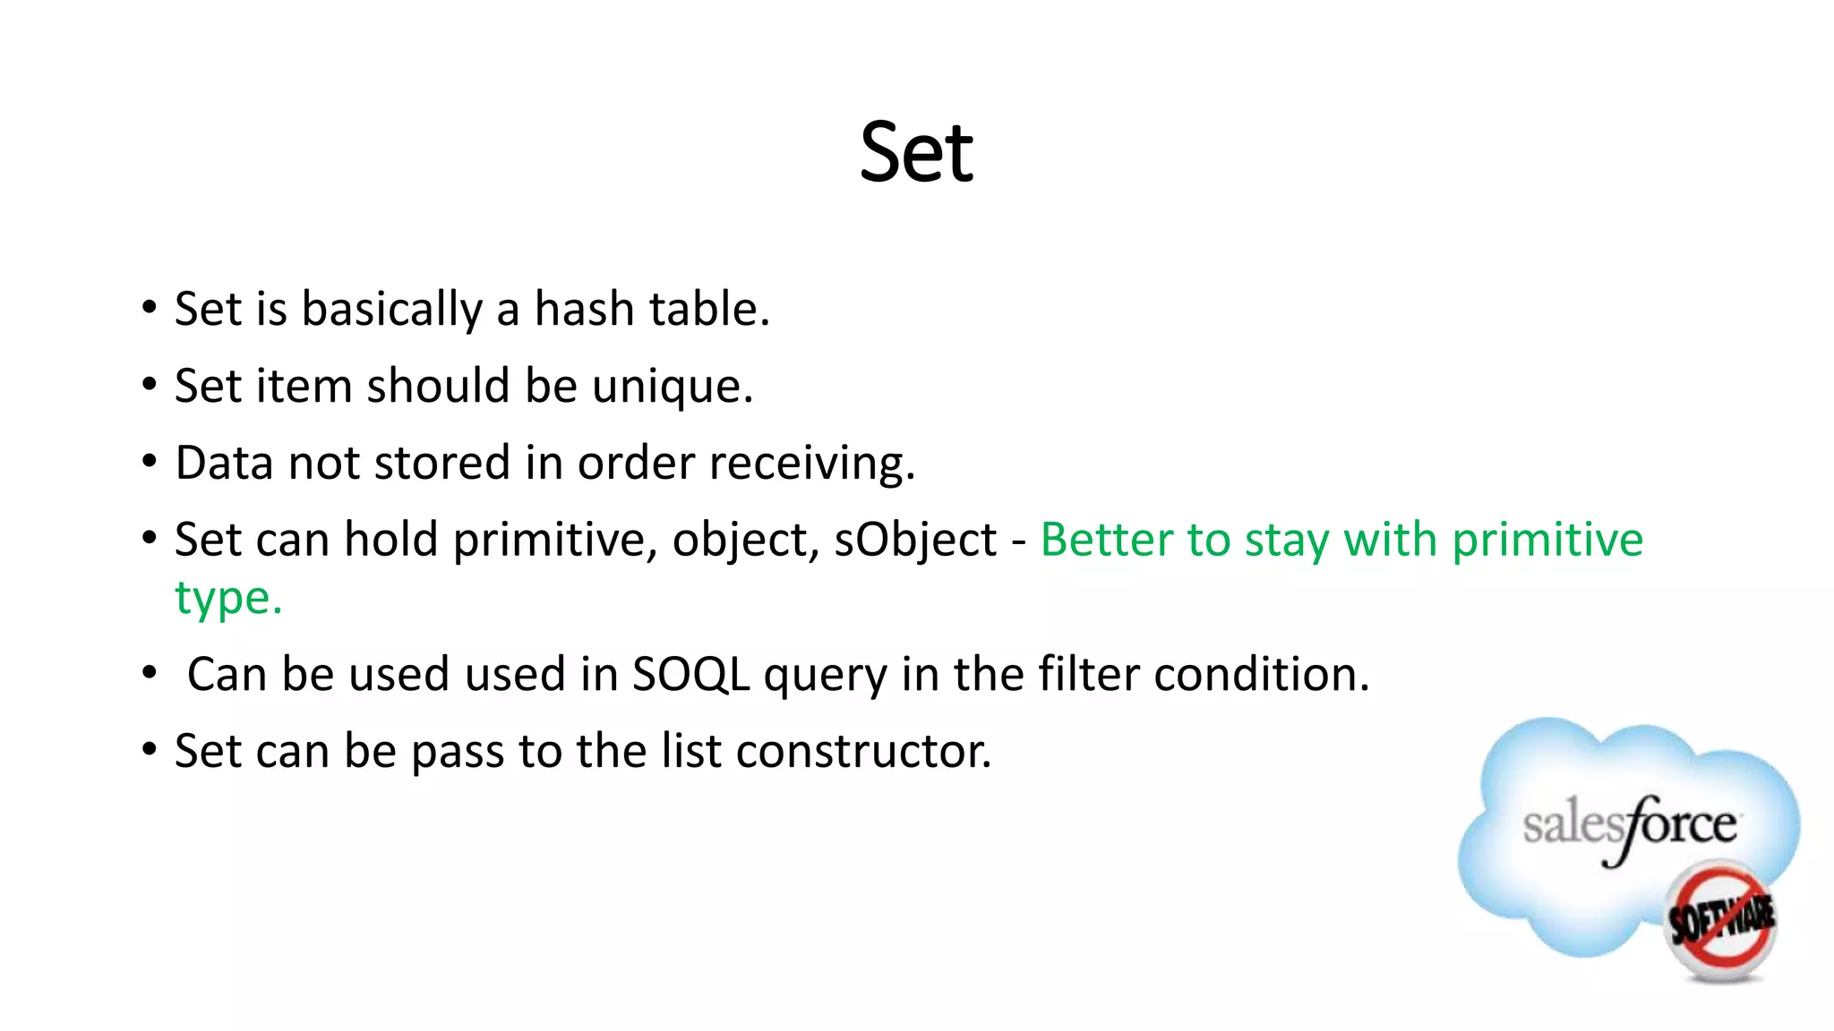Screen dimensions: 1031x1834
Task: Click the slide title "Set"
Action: tap(916, 153)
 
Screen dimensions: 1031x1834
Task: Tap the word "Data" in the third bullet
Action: tap(224, 464)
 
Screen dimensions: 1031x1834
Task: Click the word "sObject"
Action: tap(915, 541)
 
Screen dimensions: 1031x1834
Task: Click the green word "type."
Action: tap(228, 599)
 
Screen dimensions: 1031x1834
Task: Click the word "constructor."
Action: tap(863, 751)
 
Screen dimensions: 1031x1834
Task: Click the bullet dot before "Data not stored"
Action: tap(150, 463)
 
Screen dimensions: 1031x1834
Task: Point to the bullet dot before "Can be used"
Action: tap(150, 673)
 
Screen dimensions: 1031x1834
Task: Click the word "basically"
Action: tap(392, 309)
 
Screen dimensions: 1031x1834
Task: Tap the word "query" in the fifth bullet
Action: tap(825, 676)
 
